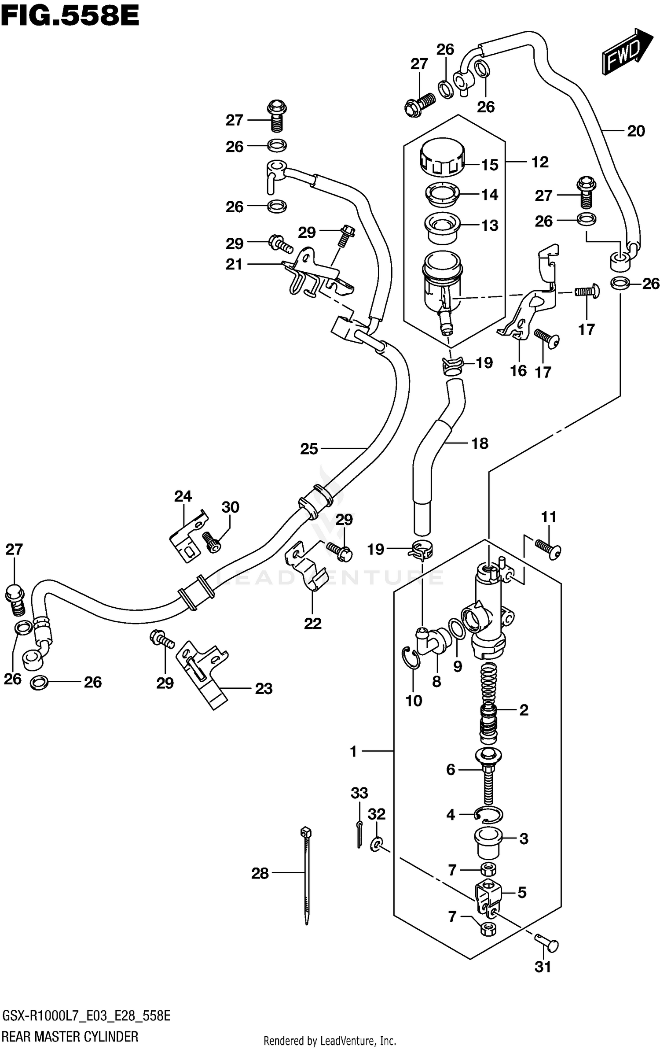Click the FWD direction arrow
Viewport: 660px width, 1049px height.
coord(626,52)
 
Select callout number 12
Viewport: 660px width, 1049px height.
coord(539,162)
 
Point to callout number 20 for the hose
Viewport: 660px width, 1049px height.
coord(635,131)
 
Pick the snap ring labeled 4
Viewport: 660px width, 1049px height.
coord(488,816)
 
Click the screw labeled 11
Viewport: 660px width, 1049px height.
coord(548,549)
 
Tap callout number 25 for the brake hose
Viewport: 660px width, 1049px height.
coord(309,449)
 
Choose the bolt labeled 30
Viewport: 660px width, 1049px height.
coord(213,541)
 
